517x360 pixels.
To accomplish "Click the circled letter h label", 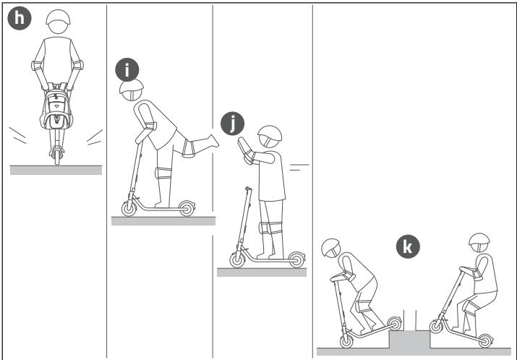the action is pos(19,18).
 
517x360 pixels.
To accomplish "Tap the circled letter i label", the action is pos(127,69).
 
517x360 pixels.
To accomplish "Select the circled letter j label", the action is pos(232,124).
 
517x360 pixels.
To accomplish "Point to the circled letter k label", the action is pos(408,247).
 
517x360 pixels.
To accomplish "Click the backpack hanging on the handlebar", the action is pos(56,106).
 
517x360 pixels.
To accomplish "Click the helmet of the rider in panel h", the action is pos(58,17).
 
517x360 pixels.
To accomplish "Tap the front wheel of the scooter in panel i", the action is pos(129,208).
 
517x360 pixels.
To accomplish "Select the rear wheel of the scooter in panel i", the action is pos(187,208).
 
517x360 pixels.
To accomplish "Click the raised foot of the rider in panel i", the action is pos(213,141).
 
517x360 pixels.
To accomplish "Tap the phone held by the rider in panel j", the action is pos(243,147).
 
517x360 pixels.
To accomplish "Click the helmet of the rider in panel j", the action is pos(270,133).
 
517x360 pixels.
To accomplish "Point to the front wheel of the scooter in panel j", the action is pos(237,260).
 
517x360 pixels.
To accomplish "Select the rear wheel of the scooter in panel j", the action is pos(296,260).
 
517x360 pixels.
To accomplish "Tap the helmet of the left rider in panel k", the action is pos(330,247).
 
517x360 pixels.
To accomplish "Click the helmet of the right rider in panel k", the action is pos(479,239).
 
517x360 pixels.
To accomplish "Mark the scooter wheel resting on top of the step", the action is pos(394,324).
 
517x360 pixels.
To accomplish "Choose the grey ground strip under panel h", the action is pos(56,170).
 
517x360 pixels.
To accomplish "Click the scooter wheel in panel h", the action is pos(57,156).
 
